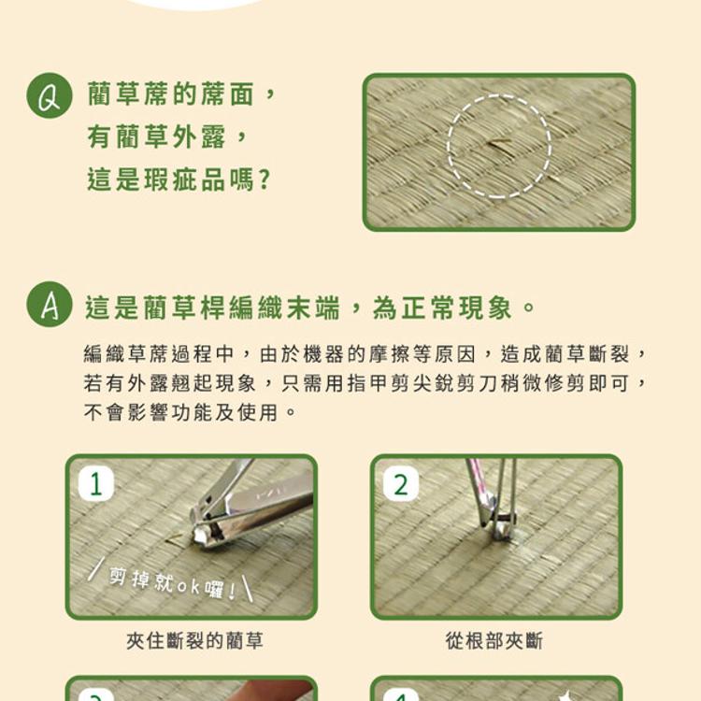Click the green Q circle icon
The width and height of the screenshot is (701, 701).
50,95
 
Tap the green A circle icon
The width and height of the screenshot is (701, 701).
50,305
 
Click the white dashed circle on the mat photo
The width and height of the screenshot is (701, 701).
499,147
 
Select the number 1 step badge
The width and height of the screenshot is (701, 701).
95,483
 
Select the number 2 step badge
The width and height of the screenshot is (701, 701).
400,483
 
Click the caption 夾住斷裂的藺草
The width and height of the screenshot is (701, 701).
194,640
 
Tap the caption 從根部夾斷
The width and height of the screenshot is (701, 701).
494,640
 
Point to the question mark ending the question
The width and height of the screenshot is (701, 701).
265,179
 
